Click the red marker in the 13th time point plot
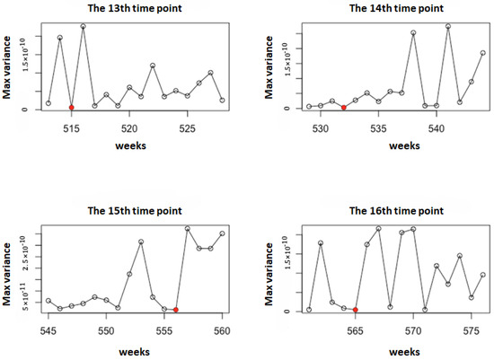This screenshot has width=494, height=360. pyautogui.click(x=71, y=108)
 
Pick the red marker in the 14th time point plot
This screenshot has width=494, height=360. pyautogui.click(x=344, y=108)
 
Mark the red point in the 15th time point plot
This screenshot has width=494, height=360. pyautogui.click(x=176, y=310)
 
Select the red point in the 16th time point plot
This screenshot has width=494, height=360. pyautogui.click(x=356, y=310)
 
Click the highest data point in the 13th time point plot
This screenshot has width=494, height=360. pyautogui.click(x=83, y=27)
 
